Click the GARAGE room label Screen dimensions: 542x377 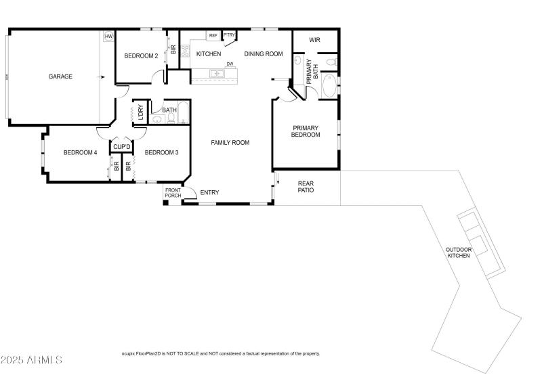60,76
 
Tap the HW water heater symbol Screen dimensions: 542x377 108,36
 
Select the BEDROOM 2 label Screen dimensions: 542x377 141,56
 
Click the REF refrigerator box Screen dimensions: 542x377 213,36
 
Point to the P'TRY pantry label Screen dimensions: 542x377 229,35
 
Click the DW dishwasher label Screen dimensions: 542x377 230,64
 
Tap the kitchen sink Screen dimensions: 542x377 217,73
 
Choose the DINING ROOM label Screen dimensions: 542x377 264,54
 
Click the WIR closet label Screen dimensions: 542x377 314,40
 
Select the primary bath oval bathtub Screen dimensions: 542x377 329,86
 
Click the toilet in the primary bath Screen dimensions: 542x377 331,62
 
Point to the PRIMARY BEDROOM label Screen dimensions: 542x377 306,131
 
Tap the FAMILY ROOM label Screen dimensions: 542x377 230,143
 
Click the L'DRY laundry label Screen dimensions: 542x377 141,112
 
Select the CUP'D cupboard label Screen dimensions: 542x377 122,147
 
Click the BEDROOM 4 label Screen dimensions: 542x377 80,152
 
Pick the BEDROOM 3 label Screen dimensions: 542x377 161,152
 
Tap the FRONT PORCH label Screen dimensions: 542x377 173,193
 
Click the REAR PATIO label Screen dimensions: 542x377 306,187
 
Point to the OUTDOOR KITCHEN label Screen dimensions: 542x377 459,252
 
